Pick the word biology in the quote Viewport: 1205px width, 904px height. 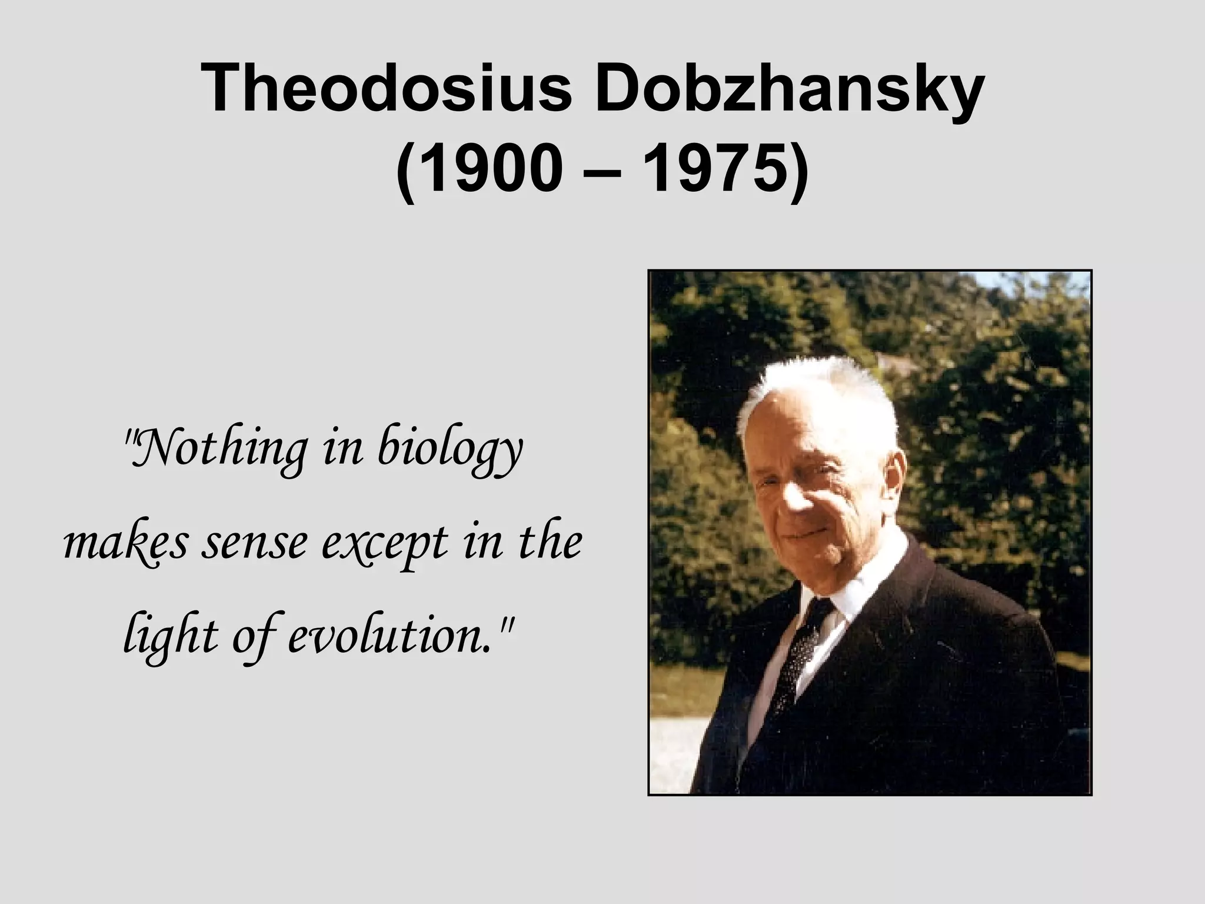coord(450,452)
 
